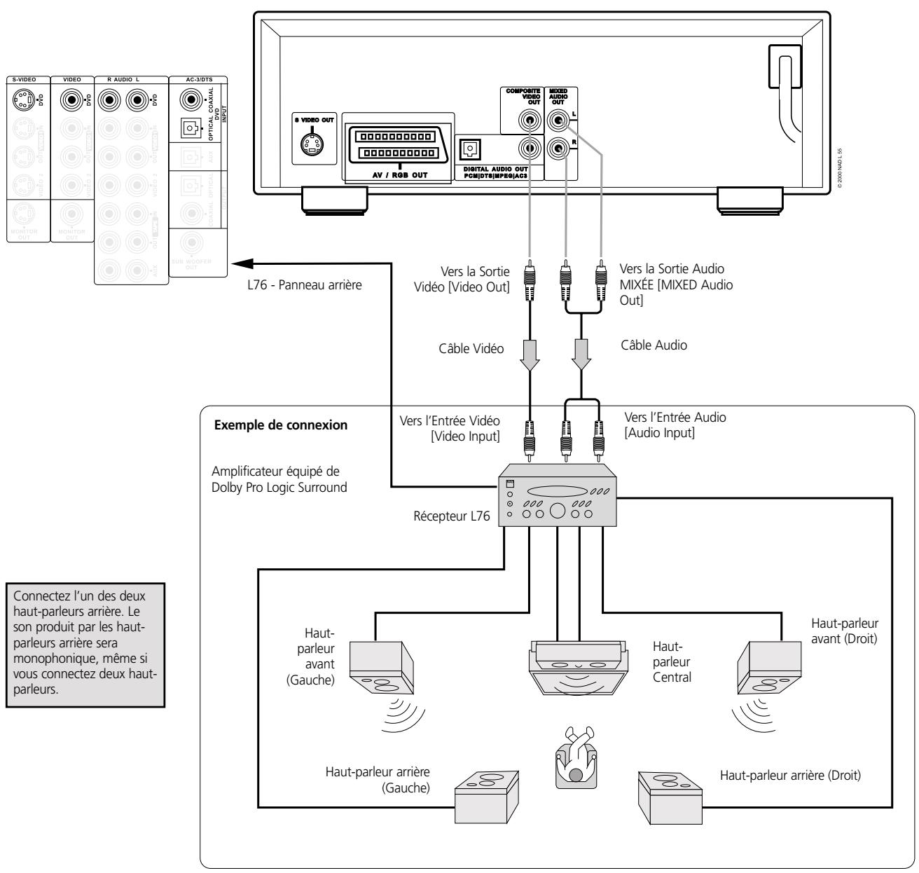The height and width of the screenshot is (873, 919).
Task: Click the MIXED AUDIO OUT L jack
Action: pyautogui.click(x=558, y=121)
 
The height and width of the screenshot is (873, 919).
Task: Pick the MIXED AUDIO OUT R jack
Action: pyautogui.click(x=558, y=148)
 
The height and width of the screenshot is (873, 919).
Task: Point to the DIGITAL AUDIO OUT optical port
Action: pyautogui.click(x=469, y=148)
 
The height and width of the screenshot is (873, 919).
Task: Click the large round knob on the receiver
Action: pyautogui.click(x=558, y=511)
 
